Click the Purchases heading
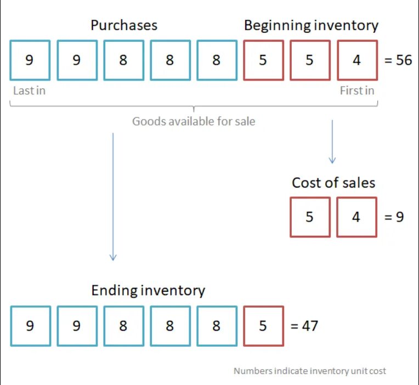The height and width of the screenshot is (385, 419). click(124, 25)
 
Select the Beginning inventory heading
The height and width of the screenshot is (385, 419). click(311, 25)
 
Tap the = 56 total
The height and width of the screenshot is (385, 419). click(398, 60)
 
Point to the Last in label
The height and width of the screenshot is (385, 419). click(29, 91)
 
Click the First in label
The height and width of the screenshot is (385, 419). click(356, 91)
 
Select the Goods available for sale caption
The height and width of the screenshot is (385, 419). click(194, 121)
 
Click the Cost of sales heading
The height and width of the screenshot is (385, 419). click(333, 183)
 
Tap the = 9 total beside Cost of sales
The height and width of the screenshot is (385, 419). click(393, 217)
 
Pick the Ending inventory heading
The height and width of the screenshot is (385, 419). click(148, 290)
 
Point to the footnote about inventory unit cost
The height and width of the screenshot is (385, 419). click(309, 371)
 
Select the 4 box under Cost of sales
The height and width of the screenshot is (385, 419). click(356, 217)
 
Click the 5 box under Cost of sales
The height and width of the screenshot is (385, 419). click(310, 217)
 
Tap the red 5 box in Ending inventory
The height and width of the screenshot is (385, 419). click(263, 326)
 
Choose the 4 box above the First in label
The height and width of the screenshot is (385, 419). click(357, 60)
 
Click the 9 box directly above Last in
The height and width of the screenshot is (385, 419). click(30, 60)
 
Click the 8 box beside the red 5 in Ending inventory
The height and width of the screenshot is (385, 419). click(217, 326)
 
